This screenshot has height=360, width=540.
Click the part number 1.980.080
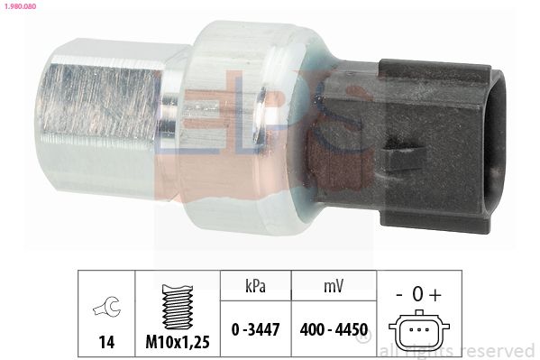[20, 5]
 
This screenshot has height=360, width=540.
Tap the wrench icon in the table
[106, 306]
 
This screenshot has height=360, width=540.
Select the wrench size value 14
[106, 342]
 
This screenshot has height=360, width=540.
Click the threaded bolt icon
[178, 307]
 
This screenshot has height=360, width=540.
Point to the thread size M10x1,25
[178, 341]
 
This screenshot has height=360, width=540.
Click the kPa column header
[255, 286]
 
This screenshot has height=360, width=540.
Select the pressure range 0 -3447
[255, 329]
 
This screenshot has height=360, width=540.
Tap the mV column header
[334, 286]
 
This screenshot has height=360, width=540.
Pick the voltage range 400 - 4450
[334, 329]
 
